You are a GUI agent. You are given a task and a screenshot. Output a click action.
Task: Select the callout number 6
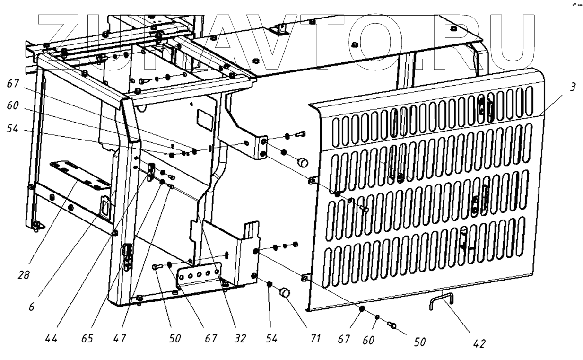[32, 307]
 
